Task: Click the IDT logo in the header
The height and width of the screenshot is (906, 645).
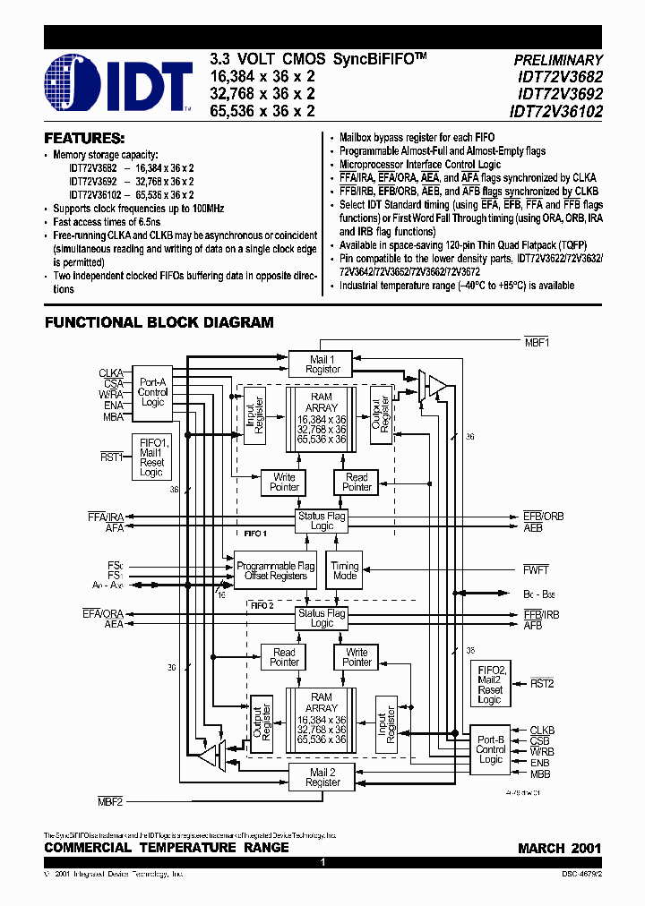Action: point(118,82)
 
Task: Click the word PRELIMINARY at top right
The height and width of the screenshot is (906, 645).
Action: point(557,60)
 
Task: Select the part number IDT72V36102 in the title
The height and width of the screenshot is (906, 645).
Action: point(555,112)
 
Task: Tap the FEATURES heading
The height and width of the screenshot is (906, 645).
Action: point(84,139)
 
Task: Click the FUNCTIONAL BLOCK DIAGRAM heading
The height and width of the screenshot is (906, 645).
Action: point(159,322)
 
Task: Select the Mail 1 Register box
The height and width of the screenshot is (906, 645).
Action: point(322,363)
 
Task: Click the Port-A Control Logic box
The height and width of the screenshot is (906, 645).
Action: point(152,392)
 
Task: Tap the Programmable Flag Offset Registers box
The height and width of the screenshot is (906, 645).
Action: point(276,570)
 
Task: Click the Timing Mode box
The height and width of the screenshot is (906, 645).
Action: point(344,570)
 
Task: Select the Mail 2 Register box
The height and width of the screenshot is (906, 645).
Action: point(322,776)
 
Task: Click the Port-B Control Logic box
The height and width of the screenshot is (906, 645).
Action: point(490,748)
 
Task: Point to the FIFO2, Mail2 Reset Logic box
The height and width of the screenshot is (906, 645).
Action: point(490,683)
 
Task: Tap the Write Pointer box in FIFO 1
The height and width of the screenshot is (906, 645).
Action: point(284,483)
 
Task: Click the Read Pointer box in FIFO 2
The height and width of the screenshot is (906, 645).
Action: point(284,657)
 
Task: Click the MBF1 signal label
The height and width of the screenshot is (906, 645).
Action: point(537,342)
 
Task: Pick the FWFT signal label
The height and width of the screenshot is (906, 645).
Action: point(536,569)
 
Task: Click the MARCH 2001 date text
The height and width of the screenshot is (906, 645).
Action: point(559,848)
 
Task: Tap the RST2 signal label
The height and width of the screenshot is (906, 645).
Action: point(543,683)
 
